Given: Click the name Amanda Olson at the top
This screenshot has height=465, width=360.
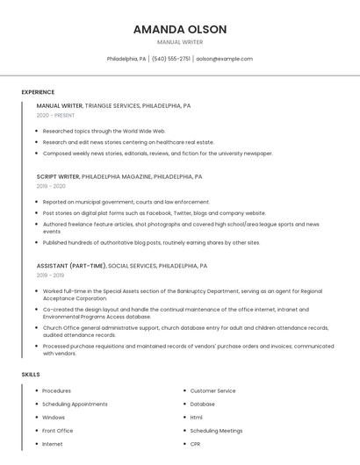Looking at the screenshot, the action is click(x=180, y=29).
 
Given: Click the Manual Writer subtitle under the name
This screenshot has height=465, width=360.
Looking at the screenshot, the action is click(x=180, y=42).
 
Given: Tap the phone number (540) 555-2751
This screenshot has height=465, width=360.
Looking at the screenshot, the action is click(x=170, y=59).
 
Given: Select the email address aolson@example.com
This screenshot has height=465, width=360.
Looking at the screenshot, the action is click(x=224, y=59).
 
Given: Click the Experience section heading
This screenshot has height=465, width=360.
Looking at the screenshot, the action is click(x=38, y=92).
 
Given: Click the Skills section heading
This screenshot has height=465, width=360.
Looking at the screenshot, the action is click(x=31, y=375).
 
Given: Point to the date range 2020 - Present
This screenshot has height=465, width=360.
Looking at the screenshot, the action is click(x=55, y=115).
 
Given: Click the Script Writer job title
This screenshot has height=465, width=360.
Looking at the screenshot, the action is click(x=58, y=176).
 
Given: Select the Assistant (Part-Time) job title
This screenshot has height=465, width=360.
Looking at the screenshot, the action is click(x=71, y=265).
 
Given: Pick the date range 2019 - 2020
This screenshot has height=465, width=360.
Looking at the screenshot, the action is click(x=51, y=186).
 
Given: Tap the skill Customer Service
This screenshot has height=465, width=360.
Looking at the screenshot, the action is click(x=212, y=390).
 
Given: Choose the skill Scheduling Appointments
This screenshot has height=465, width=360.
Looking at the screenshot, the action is click(x=75, y=404).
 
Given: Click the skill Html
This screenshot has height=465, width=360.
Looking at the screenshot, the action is click(x=196, y=417).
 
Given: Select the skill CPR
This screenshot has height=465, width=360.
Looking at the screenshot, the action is click(x=196, y=444).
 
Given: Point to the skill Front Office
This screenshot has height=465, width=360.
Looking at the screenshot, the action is click(x=57, y=431).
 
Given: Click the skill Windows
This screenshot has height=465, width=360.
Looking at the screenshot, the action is click(x=54, y=417).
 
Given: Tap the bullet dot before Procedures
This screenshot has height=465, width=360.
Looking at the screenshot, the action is click(x=35, y=390).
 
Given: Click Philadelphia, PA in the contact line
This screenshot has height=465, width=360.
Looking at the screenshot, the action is click(x=126, y=59).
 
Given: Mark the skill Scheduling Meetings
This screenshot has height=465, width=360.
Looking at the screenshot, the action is click(x=216, y=431).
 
